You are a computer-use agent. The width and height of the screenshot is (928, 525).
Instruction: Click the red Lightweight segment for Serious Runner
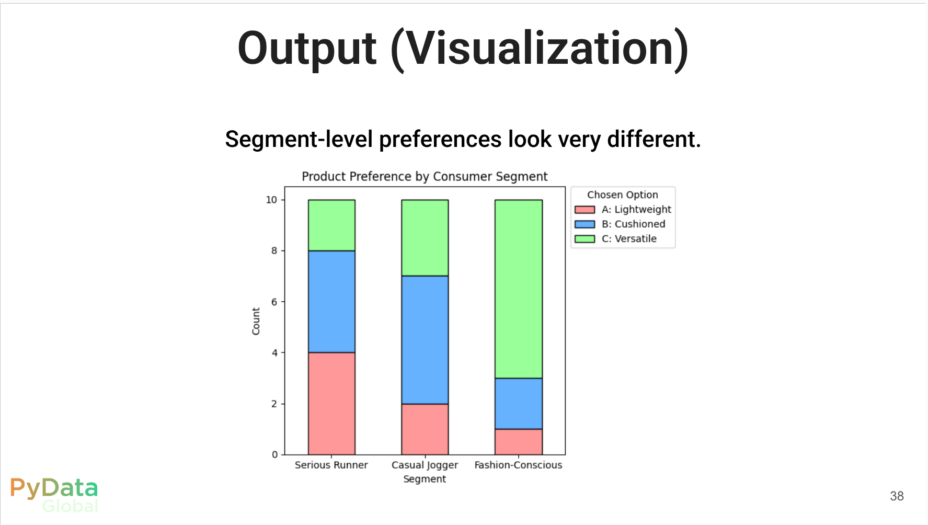click(x=331, y=403)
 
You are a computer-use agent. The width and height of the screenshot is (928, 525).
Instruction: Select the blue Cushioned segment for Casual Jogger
click(x=425, y=340)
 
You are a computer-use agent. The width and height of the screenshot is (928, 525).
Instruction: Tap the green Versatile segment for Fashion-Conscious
click(x=518, y=289)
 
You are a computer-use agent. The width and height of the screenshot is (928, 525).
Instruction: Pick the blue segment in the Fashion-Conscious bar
click(x=518, y=404)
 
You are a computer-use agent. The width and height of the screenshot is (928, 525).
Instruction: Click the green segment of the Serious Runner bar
click(x=331, y=225)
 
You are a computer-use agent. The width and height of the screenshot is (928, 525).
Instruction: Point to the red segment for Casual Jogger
click(x=425, y=429)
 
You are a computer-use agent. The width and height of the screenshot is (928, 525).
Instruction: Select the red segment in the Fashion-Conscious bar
click(x=518, y=442)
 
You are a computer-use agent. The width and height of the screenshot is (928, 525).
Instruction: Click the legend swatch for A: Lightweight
click(x=585, y=210)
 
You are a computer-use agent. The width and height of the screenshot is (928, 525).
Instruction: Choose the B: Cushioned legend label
click(x=633, y=224)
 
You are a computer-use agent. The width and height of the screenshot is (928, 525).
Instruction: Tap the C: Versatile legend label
click(x=629, y=238)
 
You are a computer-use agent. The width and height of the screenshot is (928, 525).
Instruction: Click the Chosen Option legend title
click(x=622, y=195)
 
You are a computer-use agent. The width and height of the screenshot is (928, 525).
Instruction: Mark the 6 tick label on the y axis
click(x=274, y=302)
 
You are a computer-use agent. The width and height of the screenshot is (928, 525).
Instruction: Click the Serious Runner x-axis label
click(x=331, y=465)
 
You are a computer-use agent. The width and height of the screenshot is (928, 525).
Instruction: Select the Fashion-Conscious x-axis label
click(x=518, y=465)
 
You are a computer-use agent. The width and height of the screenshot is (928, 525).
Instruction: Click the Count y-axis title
click(x=256, y=321)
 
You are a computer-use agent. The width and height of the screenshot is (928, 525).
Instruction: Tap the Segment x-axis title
click(x=425, y=479)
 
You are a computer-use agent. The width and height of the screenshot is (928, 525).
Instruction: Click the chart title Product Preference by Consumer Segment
click(x=425, y=177)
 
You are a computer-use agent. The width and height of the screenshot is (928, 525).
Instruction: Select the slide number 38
click(x=897, y=496)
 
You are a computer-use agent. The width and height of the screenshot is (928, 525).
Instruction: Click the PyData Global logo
click(x=54, y=495)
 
